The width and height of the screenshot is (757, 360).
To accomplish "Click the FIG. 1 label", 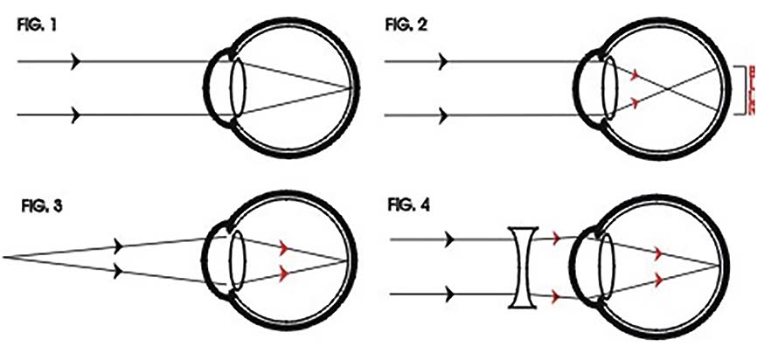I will point(35,25).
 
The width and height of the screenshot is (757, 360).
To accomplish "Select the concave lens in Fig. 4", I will point(524,266).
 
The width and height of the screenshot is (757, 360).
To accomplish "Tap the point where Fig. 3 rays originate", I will point(4,256).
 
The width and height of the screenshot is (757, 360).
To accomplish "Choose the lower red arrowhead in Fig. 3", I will point(282,273).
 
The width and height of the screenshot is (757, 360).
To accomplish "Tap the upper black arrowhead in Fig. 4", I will point(449,238).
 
